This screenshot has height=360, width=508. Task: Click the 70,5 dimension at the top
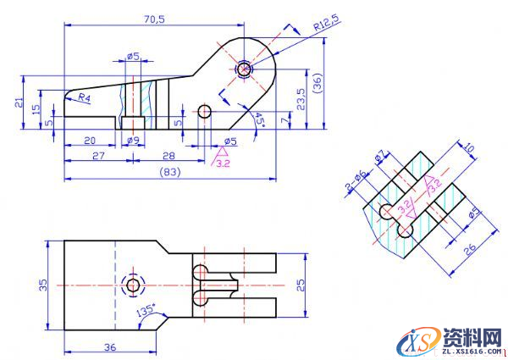153,18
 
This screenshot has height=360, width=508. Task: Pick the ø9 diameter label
133,140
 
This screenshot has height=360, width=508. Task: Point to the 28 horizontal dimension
168,155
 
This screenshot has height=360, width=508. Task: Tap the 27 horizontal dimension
97,155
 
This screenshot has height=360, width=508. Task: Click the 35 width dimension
43,285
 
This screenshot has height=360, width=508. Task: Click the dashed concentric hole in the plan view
133,285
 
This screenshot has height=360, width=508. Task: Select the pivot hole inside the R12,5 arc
245,69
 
